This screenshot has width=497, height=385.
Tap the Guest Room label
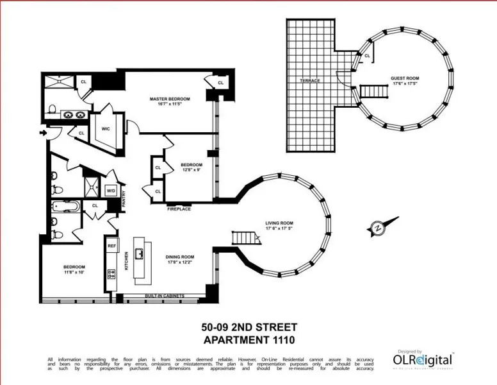(404, 78)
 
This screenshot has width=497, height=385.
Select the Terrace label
(310, 80)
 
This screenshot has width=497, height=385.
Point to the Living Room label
(279, 224)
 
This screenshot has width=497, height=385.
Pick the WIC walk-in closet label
(106, 128)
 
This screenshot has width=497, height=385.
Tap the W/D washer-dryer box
(110, 191)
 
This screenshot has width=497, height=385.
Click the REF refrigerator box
(111, 246)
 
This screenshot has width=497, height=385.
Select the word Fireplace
(179, 209)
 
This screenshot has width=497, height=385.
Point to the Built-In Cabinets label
(166, 296)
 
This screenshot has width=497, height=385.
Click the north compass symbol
(377, 227)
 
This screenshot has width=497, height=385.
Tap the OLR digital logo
(423, 360)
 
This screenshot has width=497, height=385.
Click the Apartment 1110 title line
(248, 339)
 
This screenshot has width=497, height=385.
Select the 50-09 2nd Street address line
(248, 327)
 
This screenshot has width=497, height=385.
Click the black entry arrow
(43, 133)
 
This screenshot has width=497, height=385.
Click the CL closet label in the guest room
(367, 56)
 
